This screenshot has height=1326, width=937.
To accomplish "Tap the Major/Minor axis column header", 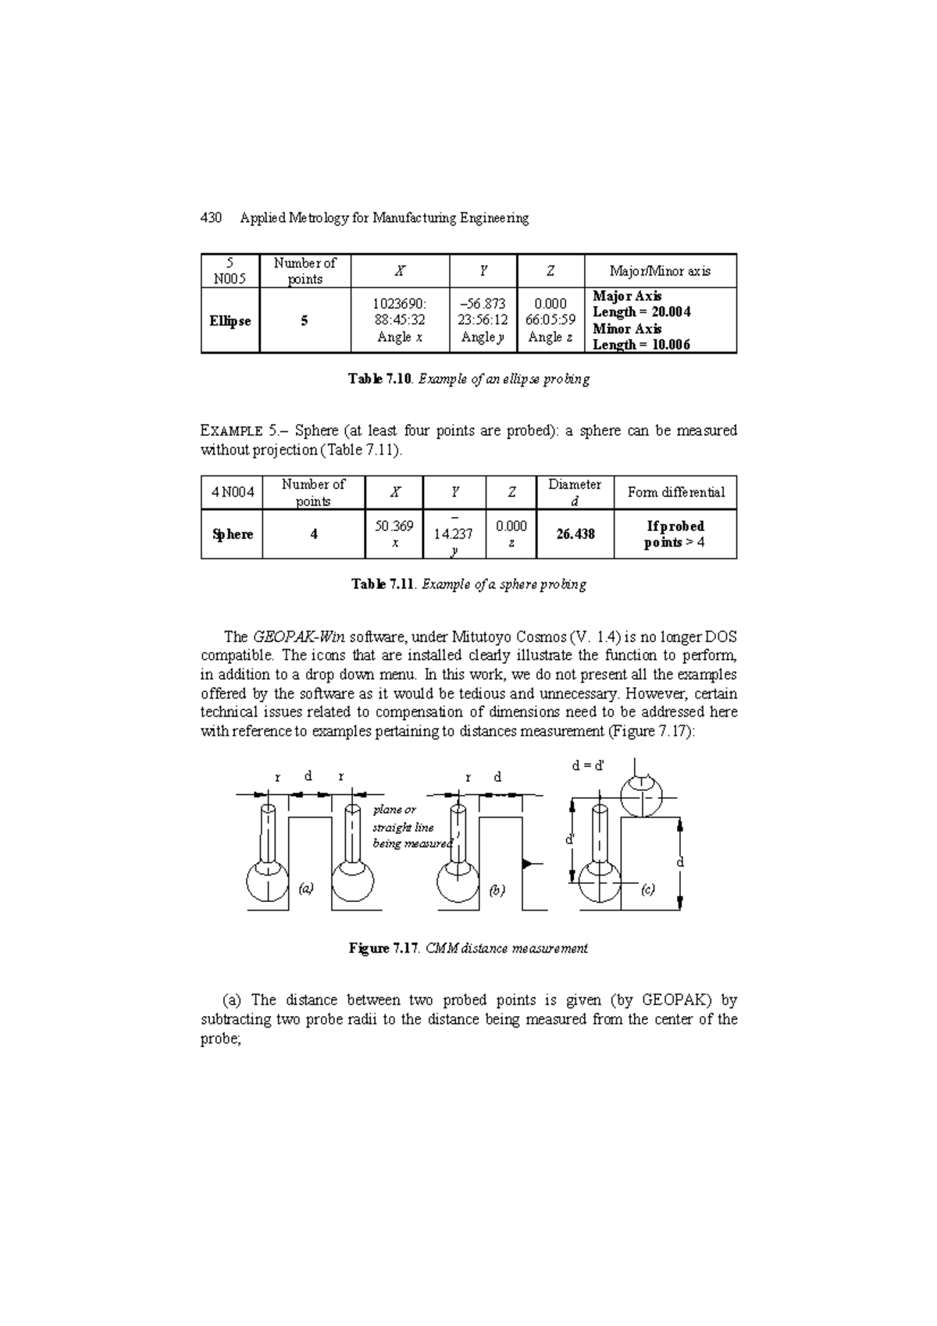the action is click(x=660, y=271).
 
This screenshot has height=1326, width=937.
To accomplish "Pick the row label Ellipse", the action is click(x=230, y=321).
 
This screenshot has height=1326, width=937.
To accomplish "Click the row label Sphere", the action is click(x=232, y=534).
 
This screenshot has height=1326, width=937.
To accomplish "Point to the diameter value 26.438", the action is click(x=575, y=534).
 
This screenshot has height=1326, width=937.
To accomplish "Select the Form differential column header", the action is click(x=675, y=493).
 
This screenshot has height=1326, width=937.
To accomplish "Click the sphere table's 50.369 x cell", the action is click(x=394, y=534).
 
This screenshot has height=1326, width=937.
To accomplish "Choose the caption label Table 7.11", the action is click(x=382, y=584).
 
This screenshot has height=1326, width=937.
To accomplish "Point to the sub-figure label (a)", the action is click(x=306, y=888).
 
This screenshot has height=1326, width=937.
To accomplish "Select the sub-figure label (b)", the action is click(x=497, y=890).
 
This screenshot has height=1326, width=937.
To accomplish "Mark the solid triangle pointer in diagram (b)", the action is click(x=527, y=864).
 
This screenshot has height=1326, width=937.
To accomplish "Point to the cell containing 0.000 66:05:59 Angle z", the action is click(x=550, y=320).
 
